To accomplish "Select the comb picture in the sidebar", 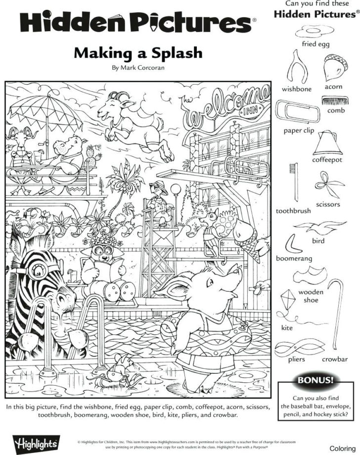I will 332,100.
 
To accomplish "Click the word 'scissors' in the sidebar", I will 328,204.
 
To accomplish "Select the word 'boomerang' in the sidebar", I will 294,259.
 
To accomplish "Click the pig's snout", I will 239,272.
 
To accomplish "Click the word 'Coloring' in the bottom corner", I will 343,448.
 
